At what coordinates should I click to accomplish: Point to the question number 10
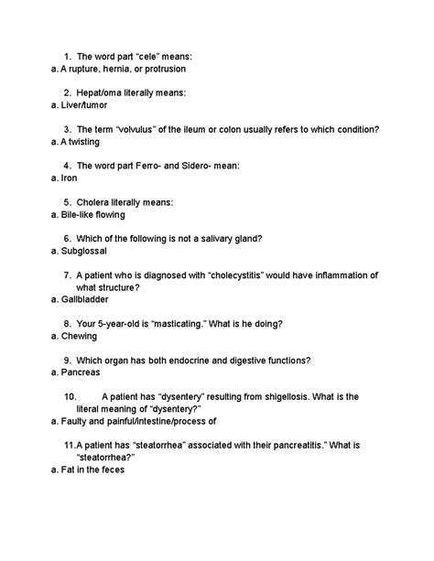click(71, 396)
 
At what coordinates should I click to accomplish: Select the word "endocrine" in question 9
click(197, 360)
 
